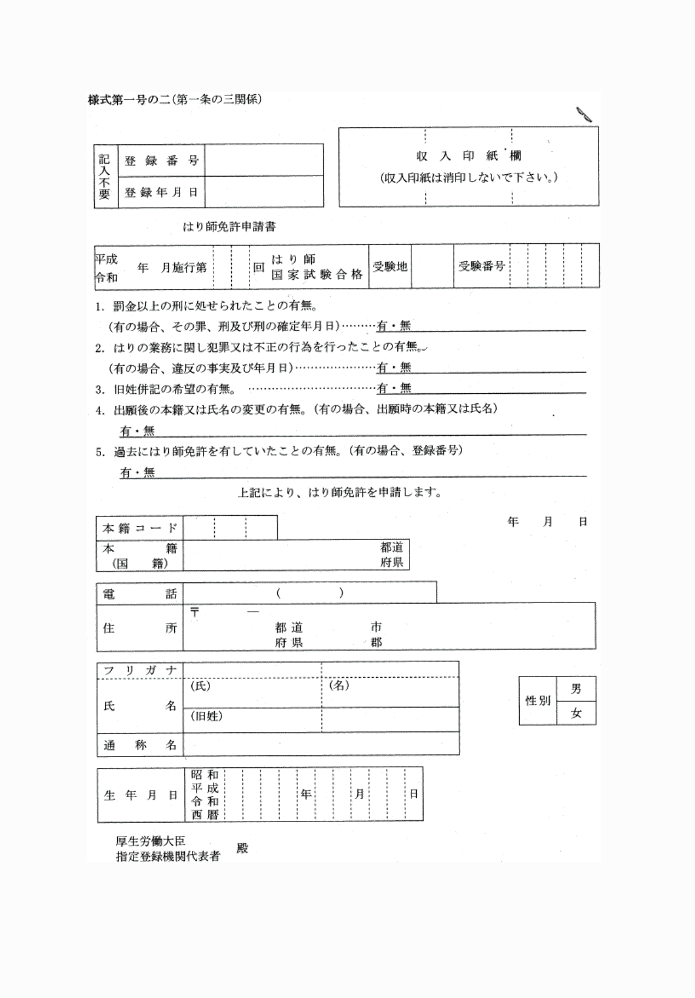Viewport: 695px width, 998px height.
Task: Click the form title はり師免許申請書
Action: click(230, 226)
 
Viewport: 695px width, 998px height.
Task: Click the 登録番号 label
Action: click(161, 161)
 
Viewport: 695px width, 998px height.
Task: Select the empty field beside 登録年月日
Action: click(264, 192)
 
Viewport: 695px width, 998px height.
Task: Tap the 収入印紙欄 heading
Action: click(468, 156)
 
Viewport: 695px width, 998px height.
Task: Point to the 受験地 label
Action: click(390, 267)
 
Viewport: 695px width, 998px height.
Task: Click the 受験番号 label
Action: click(481, 266)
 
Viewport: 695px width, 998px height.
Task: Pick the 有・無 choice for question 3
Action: click(394, 388)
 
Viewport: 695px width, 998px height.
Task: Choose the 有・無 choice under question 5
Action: click(137, 472)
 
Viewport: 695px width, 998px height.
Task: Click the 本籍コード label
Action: click(139, 528)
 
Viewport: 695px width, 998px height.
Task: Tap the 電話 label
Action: click(139, 594)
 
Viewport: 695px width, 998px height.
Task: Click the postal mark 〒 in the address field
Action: click(195, 612)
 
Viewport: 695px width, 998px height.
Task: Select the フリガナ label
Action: click(139, 671)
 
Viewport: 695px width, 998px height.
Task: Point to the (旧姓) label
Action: click(206, 717)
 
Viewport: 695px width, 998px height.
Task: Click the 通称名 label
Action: click(139, 745)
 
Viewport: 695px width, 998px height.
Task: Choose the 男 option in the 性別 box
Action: click(576, 689)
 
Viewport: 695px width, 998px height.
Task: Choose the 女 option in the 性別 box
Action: click(576, 714)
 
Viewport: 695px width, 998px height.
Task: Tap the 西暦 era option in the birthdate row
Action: click(205, 815)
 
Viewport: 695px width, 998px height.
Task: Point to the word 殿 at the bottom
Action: click(242, 848)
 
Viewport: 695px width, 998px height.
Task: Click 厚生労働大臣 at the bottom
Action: click(151, 842)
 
